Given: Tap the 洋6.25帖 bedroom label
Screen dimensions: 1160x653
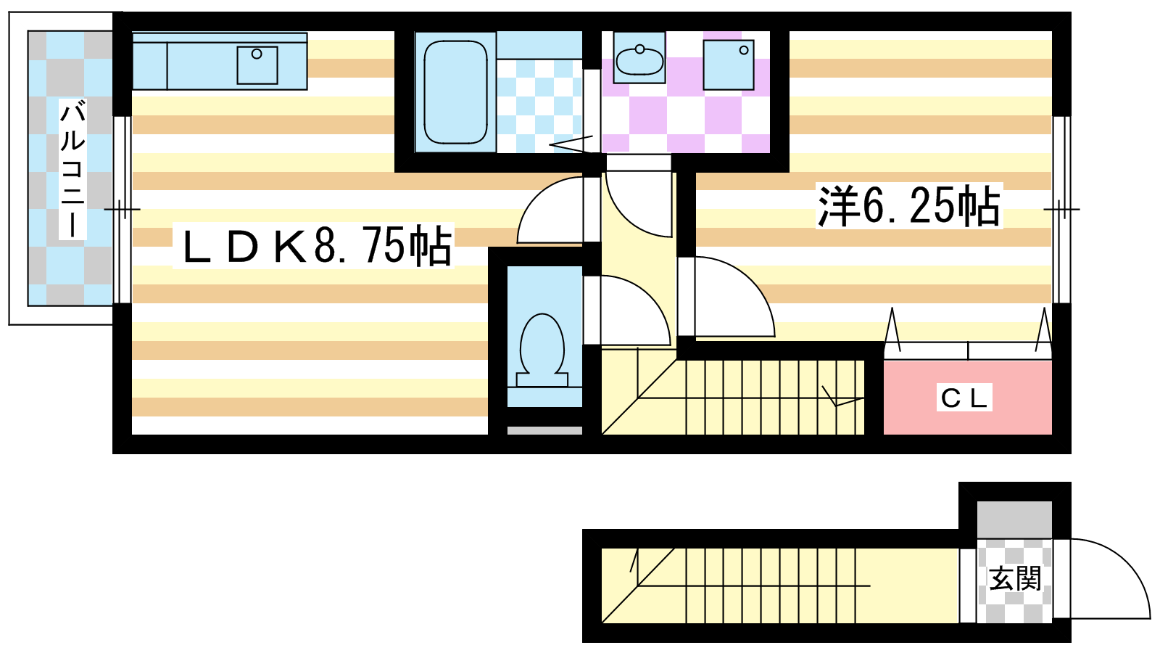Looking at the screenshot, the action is (909, 206).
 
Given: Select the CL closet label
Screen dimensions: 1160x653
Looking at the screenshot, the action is (964, 398).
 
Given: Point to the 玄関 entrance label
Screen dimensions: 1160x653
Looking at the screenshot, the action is (1014, 578).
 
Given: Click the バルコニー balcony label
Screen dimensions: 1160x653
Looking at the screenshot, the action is (72, 170).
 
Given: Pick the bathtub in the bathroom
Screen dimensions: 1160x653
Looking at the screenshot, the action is (455, 91).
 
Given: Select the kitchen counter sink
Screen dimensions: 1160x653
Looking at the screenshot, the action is (257, 65).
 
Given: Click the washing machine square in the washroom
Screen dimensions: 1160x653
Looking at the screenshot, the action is (728, 65).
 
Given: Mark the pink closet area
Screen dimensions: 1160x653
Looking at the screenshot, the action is (967, 398).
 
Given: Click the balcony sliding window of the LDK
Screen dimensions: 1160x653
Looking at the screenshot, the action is (122, 210).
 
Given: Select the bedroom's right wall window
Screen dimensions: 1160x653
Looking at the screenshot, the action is (1061, 210).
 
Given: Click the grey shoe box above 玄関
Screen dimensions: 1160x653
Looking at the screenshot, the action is (1014, 519).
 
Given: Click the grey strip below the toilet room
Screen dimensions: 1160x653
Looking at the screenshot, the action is (544, 430).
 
